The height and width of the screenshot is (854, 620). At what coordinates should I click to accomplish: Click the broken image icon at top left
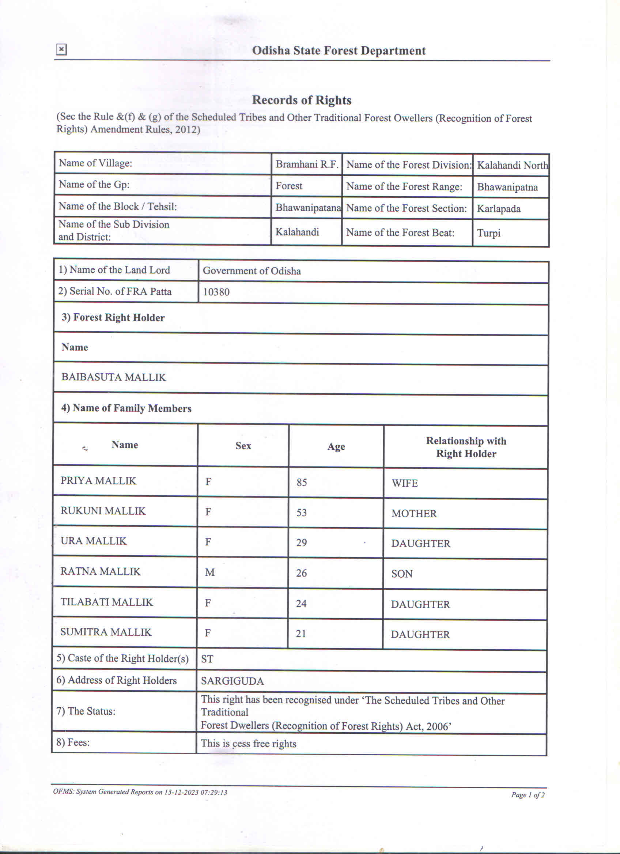61,49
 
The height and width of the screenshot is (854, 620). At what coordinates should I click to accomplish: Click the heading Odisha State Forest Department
339,51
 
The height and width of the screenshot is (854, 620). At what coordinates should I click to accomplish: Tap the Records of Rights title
302,100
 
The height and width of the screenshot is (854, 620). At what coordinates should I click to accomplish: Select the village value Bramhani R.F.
307,164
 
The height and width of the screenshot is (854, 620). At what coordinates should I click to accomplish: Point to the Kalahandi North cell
512,165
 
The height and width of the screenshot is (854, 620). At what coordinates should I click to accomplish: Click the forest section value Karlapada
498,209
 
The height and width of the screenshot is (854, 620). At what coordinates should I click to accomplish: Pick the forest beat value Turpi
489,233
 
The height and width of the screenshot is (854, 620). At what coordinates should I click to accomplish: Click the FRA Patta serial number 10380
216,292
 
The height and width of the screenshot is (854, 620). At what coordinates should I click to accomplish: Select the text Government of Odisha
252,271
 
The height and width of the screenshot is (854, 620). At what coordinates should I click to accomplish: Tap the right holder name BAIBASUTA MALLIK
114,377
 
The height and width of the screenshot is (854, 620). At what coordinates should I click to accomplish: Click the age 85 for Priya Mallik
302,482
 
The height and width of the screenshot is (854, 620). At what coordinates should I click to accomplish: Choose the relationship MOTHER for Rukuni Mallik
414,514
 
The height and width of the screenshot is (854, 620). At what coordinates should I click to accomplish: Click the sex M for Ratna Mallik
210,573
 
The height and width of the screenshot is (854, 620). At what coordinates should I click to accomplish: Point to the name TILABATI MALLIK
106,602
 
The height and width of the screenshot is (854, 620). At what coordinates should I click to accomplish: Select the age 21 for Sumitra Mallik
301,634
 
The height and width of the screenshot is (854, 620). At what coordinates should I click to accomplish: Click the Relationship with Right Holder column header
466,447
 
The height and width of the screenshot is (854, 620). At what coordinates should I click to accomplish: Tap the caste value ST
207,659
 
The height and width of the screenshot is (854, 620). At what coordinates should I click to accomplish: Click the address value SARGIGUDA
232,681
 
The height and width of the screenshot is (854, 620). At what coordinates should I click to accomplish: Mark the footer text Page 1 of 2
528,794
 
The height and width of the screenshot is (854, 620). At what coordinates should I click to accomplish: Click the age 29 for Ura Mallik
301,543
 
